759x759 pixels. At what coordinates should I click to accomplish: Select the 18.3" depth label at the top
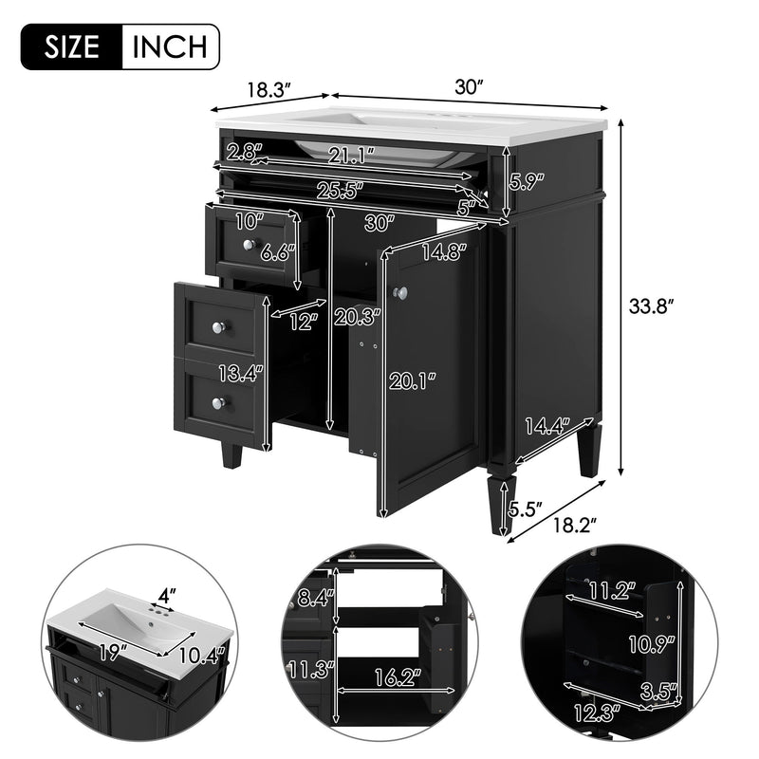[268, 90]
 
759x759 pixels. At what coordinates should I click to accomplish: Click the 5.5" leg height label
[525, 509]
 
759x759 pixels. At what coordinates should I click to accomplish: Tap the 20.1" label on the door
[413, 380]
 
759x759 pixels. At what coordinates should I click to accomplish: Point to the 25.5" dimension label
[340, 190]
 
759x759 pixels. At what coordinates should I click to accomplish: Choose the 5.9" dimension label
[527, 180]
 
